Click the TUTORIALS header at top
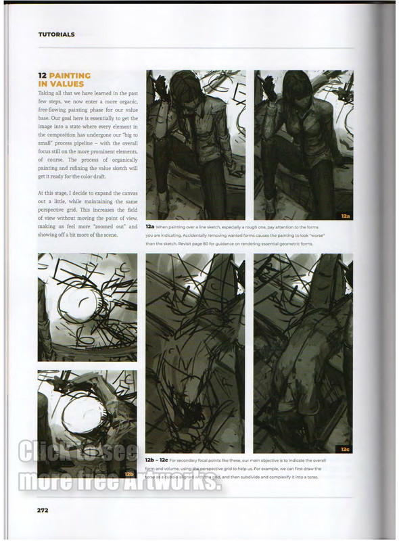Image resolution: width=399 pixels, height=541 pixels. pyautogui.click(x=56, y=34)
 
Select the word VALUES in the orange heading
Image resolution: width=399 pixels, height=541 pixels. pyautogui.click(x=62, y=84)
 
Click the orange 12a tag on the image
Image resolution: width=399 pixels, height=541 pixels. pyautogui.click(x=345, y=216)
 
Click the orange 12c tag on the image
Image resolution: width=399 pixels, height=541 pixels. pyautogui.click(x=345, y=448)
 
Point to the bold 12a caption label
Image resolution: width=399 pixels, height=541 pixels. pyautogui.click(x=150, y=227)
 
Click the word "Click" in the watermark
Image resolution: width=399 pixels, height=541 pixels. pyautogui.click(x=47, y=452)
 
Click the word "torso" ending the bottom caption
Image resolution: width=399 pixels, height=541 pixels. pyautogui.click(x=310, y=477)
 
